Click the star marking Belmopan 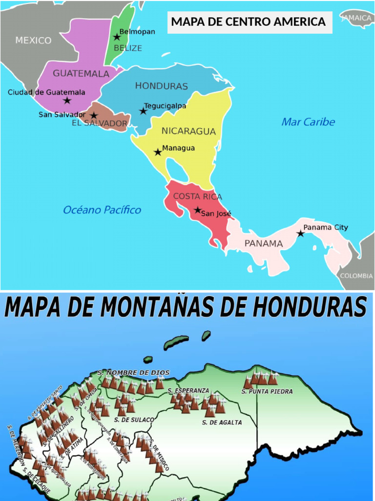click(x=117, y=37)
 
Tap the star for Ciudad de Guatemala click(x=67, y=101)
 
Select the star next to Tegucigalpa click(x=143, y=111)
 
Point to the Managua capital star click(x=158, y=152)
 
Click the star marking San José click(x=197, y=210)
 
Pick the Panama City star click(x=300, y=234)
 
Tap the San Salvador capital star click(x=94, y=116)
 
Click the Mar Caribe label click(x=308, y=122)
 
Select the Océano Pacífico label click(x=102, y=210)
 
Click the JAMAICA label click(x=357, y=18)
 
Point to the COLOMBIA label click(x=356, y=276)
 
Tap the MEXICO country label click(x=33, y=41)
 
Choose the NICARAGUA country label click(x=188, y=131)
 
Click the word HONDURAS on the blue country click(x=161, y=86)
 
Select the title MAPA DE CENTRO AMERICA click(x=249, y=22)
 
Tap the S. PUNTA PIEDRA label click(x=267, y=391)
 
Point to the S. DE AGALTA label click(x=222, y=422)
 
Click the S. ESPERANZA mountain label click(x=188, y=391)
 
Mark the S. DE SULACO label click(x=134, y=420)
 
